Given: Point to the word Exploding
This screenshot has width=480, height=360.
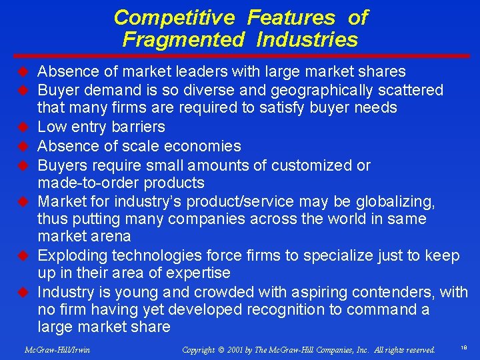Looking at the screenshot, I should tap(73, 255).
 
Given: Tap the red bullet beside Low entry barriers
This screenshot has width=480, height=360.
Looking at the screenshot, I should tap(22, 126).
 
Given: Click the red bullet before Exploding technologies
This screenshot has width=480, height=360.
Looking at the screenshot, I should tap(22, 255).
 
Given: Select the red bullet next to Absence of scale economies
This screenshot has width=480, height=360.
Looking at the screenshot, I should tap(22, 145).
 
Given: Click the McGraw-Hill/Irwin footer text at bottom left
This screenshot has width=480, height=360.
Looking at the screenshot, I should tap(57, 349).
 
